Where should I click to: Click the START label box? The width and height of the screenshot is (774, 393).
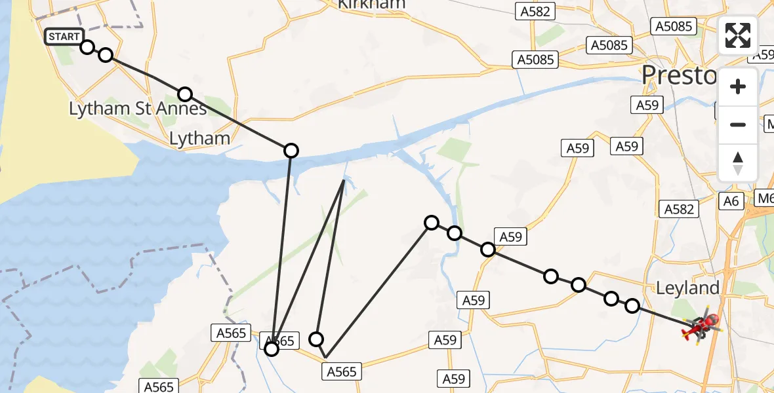click(x=64, y=37)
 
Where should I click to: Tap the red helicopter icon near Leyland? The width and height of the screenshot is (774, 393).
click(x=702, y=326)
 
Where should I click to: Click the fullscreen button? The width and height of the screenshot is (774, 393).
click(x=738, y=35)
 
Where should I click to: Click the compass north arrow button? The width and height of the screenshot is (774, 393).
click(x=738, y=162)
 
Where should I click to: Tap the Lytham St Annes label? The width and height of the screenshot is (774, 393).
click(x=138, y=109)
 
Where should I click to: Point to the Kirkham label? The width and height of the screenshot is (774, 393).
click(x=371, y=4)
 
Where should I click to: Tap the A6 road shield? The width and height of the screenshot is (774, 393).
click(x=733, y=201)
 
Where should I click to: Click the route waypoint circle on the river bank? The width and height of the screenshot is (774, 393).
click(x=291, y=151)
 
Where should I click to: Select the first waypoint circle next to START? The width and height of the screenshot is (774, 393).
click(x=87, y=47)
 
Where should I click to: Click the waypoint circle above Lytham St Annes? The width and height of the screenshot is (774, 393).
click(x=186, y=94)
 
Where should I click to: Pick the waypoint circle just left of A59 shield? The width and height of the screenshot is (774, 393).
click(x=488, y=249)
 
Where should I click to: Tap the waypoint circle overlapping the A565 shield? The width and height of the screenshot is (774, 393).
click(x=271, y=349)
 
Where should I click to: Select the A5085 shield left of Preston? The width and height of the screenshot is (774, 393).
click(x=535, y=60)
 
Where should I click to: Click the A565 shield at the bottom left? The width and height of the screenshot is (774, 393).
click(x=158, y=386)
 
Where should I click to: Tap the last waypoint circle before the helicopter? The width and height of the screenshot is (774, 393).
click(x=632, y=306)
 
